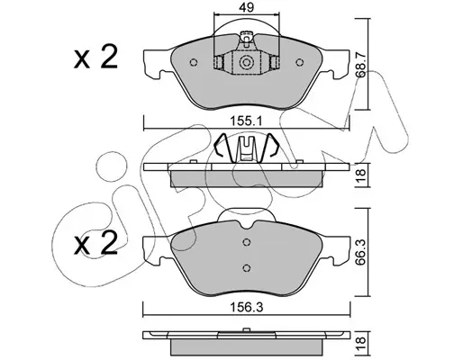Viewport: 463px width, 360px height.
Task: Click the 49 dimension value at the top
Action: pos(246,7)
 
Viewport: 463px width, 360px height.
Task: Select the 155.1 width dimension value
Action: pos(246,121)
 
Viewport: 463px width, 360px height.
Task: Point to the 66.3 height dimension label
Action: pos(360,252)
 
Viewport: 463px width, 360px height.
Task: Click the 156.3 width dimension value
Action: pos(246,308)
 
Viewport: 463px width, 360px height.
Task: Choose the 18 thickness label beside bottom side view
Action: pos(361,340)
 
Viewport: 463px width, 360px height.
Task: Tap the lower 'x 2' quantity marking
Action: pos(95,244)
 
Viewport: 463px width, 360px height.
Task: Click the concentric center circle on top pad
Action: pos(246,62)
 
